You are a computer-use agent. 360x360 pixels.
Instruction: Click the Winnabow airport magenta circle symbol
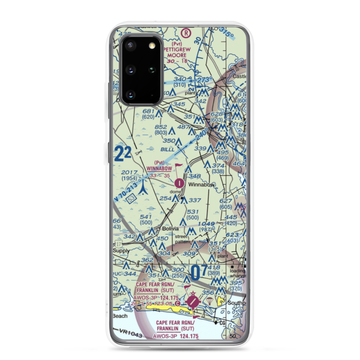[180, 183]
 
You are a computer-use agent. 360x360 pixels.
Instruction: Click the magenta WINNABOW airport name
[159, 168]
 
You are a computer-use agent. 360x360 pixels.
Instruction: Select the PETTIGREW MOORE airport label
[177, 52]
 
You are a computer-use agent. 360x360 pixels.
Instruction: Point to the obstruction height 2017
[129, 173]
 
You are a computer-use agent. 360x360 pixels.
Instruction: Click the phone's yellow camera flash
[153, 45]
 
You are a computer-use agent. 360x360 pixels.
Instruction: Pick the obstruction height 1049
[206, 224]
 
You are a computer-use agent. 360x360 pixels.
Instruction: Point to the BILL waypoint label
[168, 149]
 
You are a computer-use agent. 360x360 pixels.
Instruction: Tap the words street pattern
[182, 239]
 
